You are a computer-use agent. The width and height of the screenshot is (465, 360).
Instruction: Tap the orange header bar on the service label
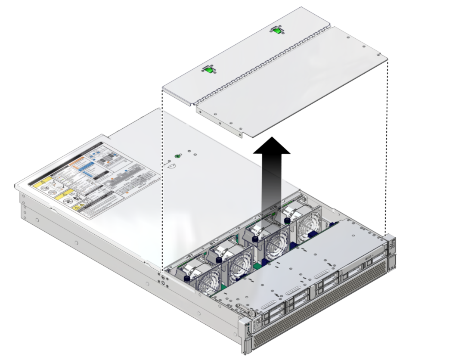77,161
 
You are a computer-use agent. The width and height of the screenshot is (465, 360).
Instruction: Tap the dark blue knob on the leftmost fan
187,279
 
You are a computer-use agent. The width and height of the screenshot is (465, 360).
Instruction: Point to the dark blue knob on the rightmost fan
287,220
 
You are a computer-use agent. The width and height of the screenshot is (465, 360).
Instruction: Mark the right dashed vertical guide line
387,146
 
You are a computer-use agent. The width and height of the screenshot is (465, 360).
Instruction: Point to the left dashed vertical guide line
162,181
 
